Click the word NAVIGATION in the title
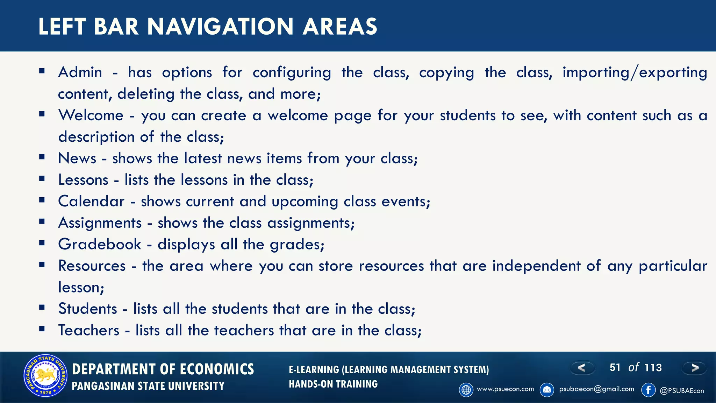click(x=220, y=27)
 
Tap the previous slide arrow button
click(x=582, y=368)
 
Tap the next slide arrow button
click(x=695, y=368)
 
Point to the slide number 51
click(x=615, y=368)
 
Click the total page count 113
click(x=653, y=368)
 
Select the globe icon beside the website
click(x=466, y=390)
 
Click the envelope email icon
click(x=547, y=390)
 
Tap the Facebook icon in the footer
click(x=649, y=390)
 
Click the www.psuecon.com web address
click(x=505, y=389)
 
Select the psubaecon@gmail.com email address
click(x=596, y=389)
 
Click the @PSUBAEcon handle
click(x=682, y=391)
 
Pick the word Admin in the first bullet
click(x=80, y=72)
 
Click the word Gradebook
click(x=100, y=244)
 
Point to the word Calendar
click(x=91, y=201)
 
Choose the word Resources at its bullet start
click(x=92, y=266)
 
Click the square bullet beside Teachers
click(x=42, y=329)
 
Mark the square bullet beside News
click(x=42, y=157)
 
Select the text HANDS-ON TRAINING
click(x=333, y=384)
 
